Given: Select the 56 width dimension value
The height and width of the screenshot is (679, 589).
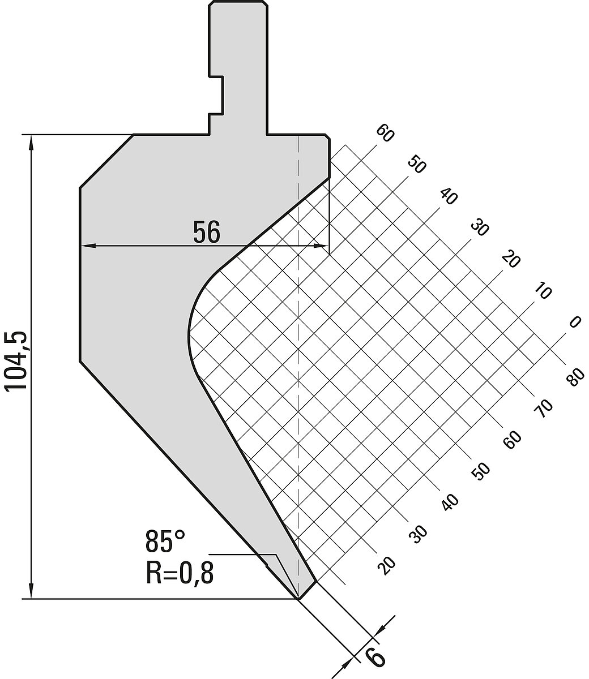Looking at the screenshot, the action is (207, 232).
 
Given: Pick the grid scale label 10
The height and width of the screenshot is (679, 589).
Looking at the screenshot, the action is (543, 290).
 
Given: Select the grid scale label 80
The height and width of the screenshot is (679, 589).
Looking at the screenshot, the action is (575, 376).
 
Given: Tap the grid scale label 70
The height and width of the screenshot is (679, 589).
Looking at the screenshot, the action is (543, 409).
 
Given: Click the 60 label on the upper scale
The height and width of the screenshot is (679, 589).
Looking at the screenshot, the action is (385, 133).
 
